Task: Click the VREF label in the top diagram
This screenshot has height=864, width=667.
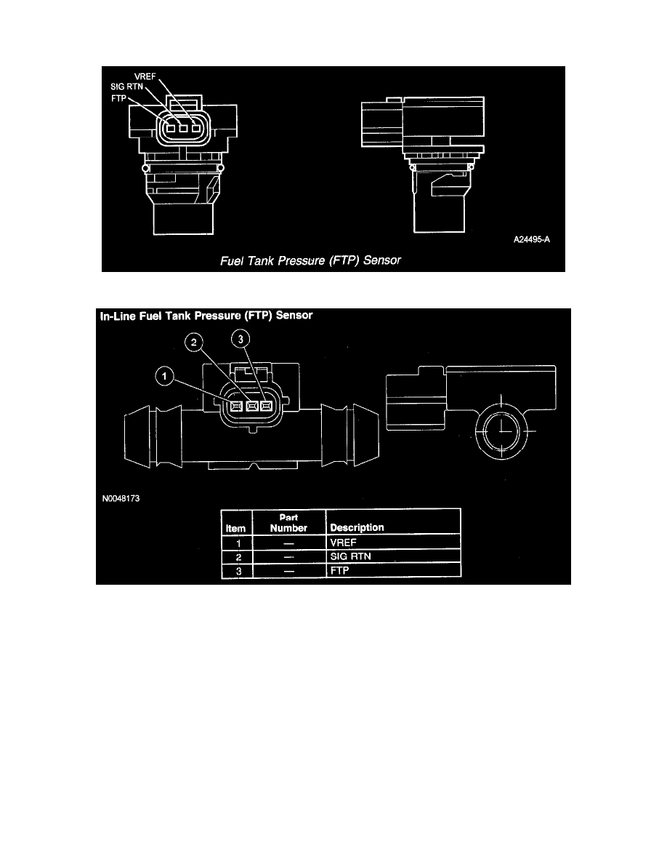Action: [145, 76]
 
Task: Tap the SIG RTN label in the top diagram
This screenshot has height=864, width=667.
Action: [126, 87]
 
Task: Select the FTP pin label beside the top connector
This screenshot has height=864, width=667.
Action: [118, 98]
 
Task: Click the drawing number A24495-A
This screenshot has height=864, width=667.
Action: [532, 239]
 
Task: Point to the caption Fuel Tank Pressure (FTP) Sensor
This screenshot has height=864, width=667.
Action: [310, 260]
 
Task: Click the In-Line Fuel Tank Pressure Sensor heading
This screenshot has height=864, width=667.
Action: [206, 316]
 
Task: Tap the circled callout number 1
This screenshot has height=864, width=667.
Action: [164, 377]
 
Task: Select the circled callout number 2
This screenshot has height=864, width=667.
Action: [194, 343]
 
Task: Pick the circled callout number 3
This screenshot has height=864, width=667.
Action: [240, 339]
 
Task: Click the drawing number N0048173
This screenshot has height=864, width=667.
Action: [121, 499]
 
